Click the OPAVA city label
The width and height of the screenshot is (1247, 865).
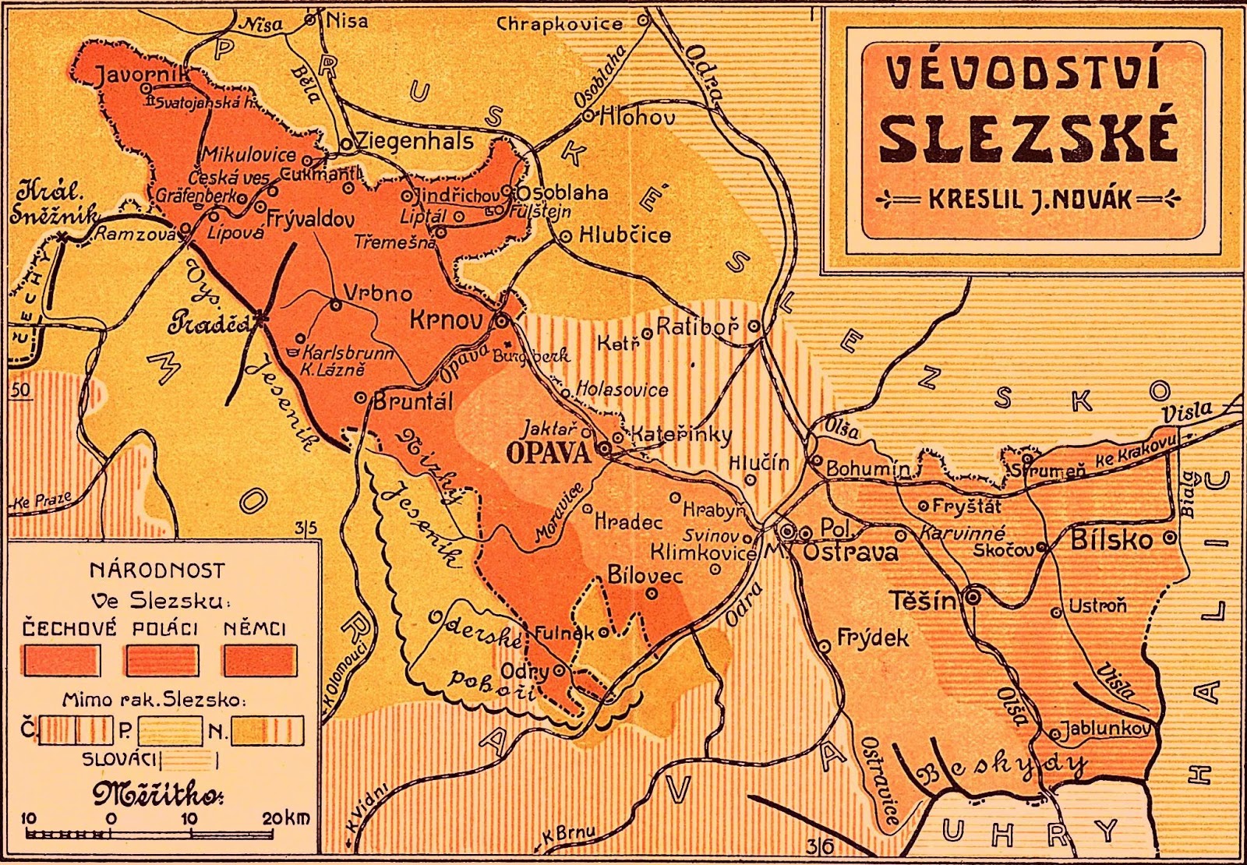click(548, 452)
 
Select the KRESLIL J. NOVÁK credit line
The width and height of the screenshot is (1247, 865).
click(1029, 199)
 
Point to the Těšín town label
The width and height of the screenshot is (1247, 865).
click(922, 602)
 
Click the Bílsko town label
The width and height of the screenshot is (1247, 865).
click(1111, 539)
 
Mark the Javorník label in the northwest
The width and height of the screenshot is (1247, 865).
click(143, 74)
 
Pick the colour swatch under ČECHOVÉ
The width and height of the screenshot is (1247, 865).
click(61, 660)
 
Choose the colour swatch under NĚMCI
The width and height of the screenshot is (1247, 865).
click(260, 660)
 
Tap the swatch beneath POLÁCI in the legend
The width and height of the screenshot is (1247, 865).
click(161, 660)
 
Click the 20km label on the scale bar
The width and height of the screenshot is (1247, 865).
click(285, 817)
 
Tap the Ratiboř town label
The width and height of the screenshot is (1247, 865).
click(697, 327)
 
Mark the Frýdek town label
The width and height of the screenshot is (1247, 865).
click(873, 638)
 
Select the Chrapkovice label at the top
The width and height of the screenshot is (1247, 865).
click(560, 24)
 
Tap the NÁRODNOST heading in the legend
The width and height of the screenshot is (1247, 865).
click(157, 570)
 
